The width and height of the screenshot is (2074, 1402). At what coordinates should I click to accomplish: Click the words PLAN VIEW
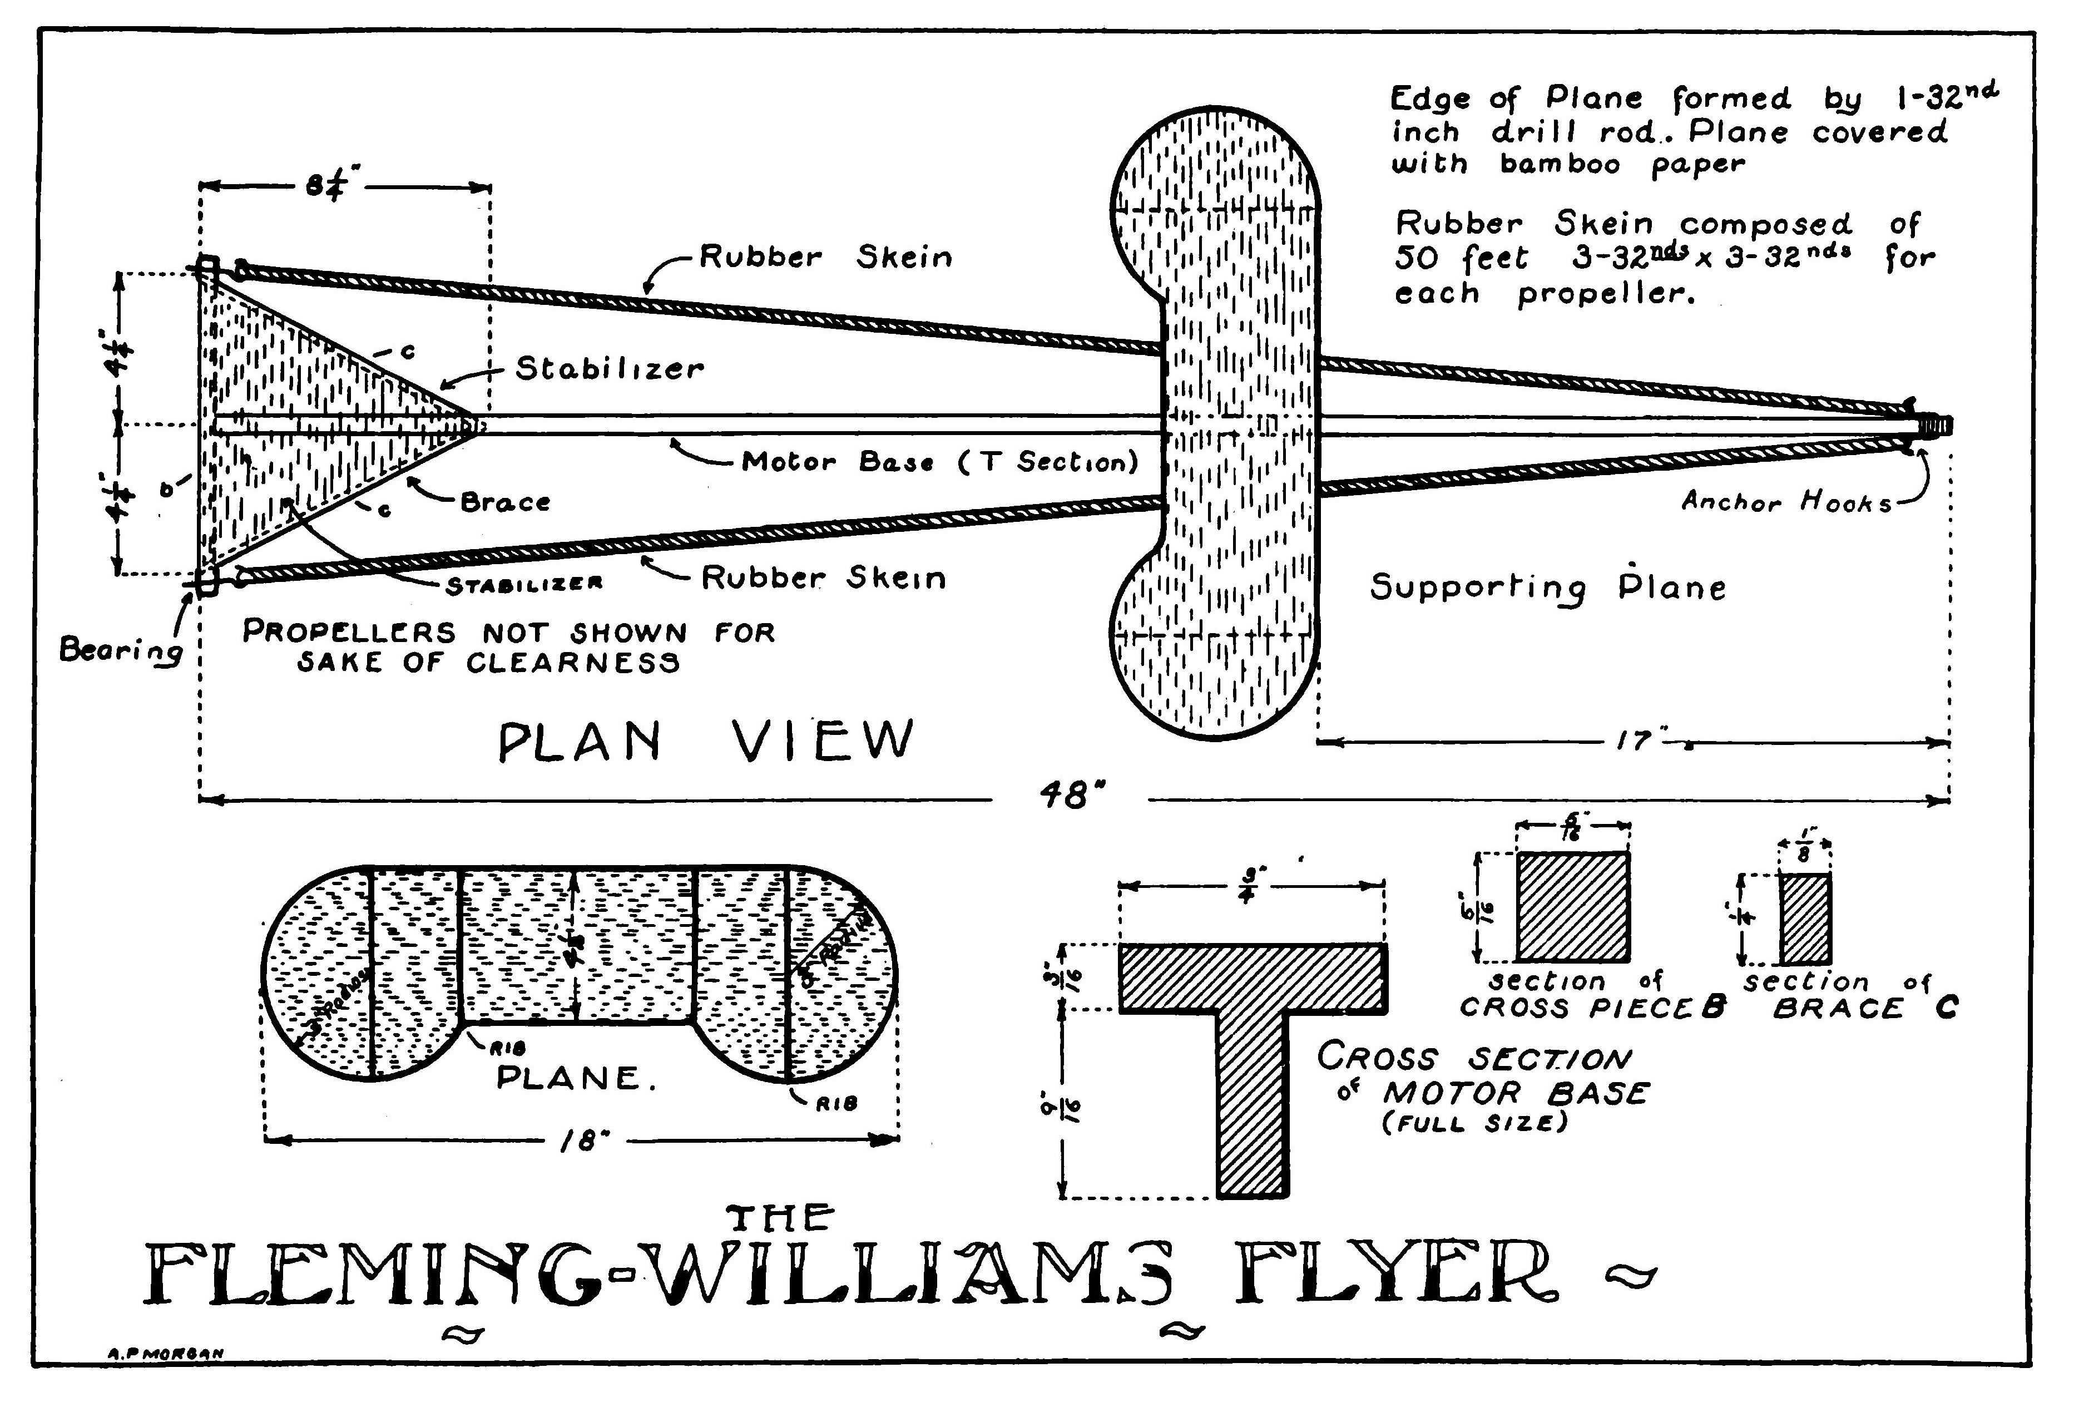[x=706, y=740]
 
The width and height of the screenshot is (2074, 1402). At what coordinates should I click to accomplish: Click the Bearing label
[x=121, y=650]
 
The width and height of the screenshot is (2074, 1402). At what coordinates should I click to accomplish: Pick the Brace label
[x=505, y=502]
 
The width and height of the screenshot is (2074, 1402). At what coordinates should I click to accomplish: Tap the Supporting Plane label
[x=1547, y=586]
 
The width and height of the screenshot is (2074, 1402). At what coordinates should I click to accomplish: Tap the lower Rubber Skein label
[x=823, y=577]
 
